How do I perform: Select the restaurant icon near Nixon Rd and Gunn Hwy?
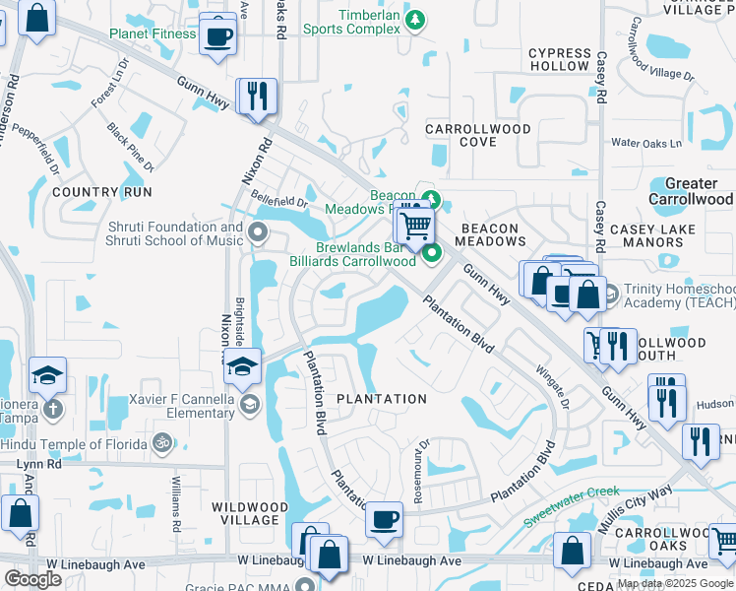coord(256,97)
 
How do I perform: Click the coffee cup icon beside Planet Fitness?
coord(217,35)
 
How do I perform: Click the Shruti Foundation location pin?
coord(259,233)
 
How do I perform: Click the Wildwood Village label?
coord(250,513)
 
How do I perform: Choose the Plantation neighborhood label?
coord(382,399)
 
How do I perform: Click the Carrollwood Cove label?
coord(477,136)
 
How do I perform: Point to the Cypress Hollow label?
coord(559,59)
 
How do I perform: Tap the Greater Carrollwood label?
coord(692,191)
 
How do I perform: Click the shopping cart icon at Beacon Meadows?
coord(416,226)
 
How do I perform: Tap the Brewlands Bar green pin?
coord(432,256)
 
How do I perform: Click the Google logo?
coord(31,579)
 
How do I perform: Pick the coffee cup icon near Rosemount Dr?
coord(384,518)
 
